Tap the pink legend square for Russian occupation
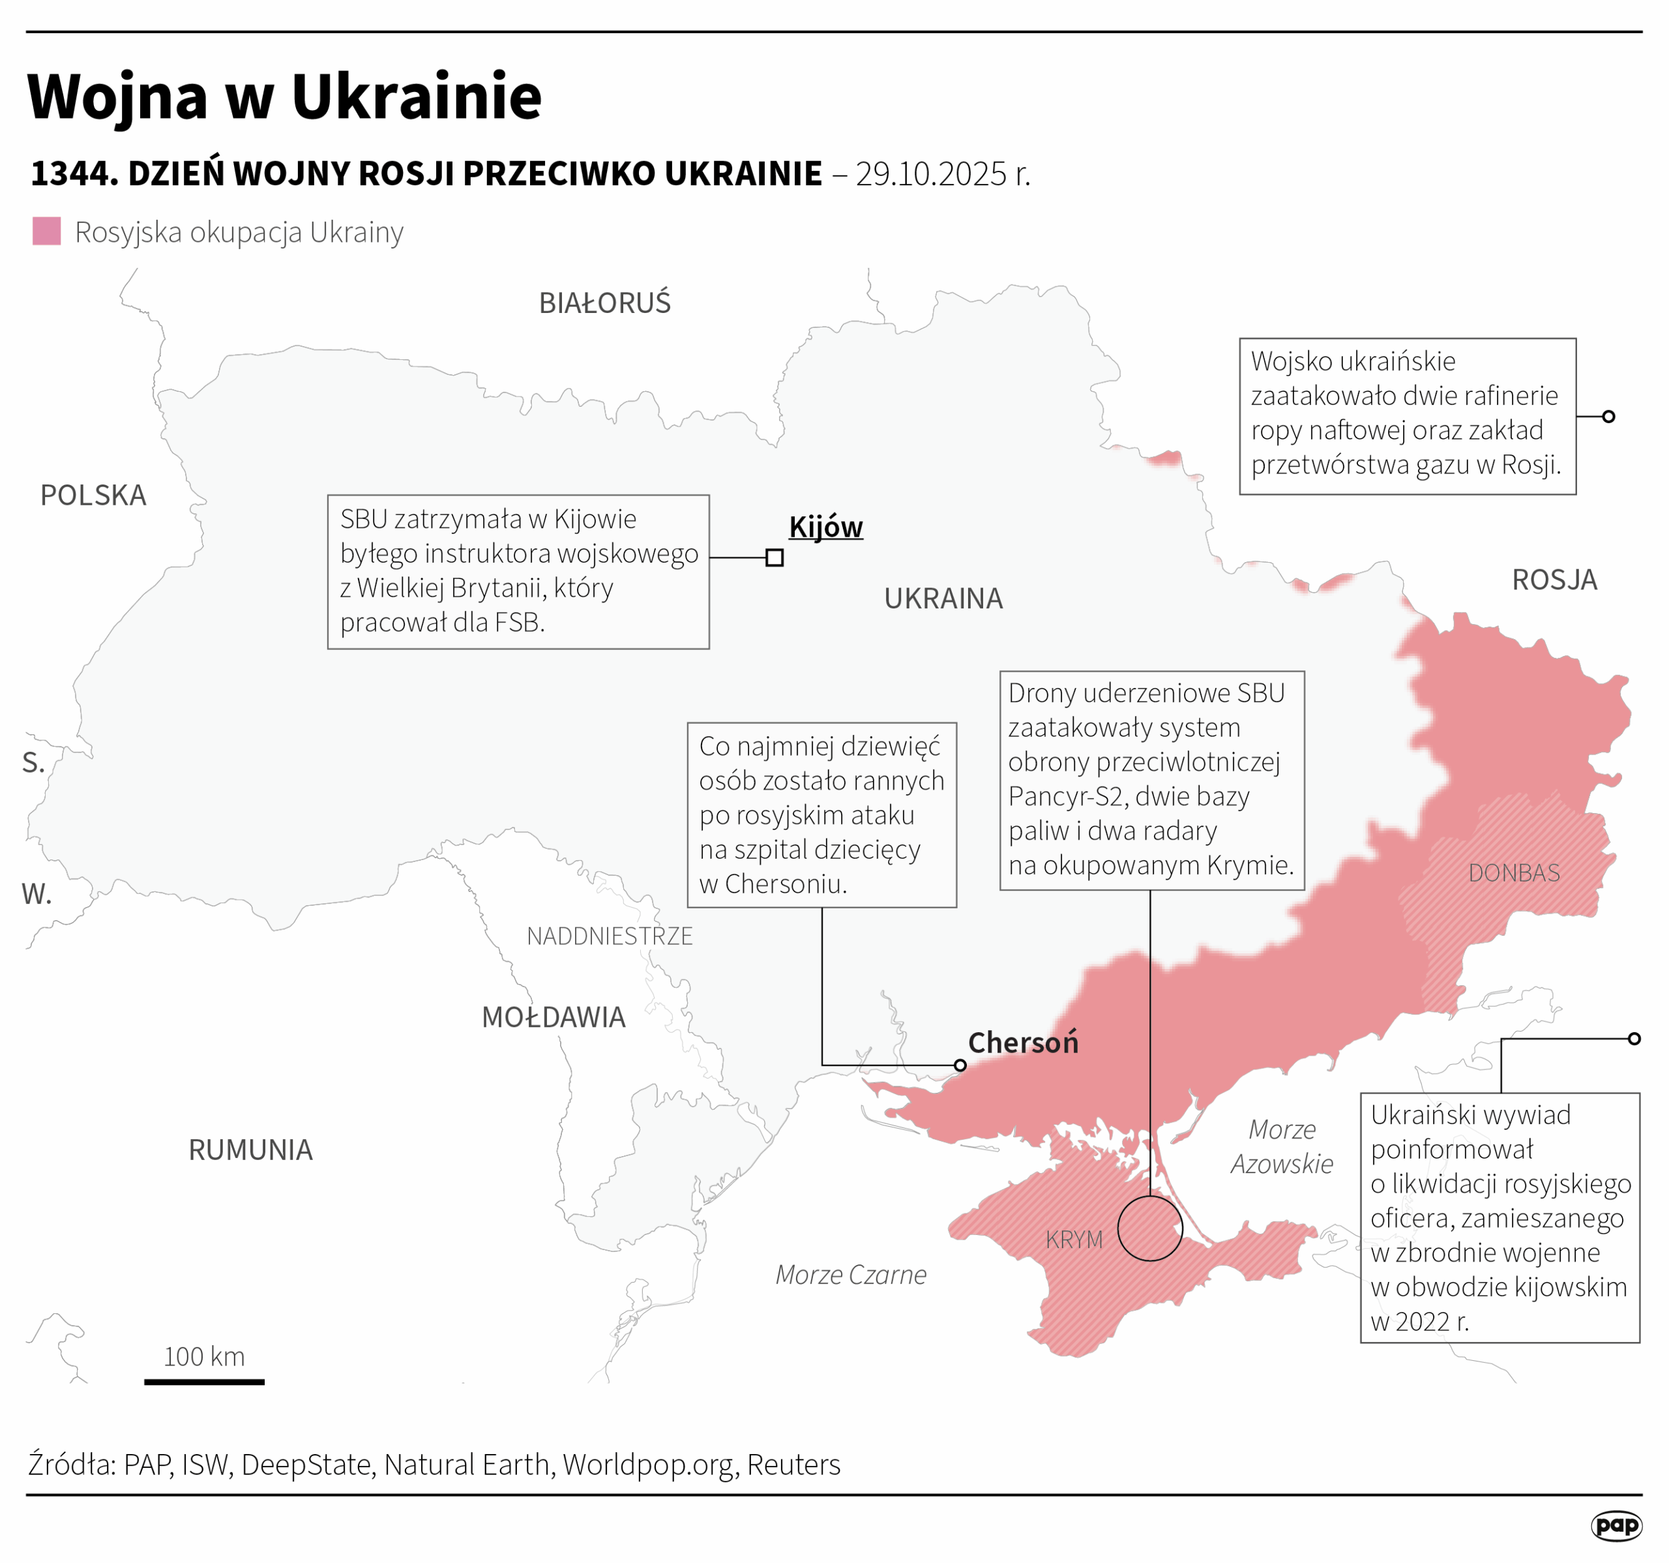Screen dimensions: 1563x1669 pos(46,231)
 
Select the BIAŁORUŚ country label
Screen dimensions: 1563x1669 pos(604,303)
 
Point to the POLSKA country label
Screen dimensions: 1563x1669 pos(93,496)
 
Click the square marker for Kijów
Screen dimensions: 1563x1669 pos(774,558)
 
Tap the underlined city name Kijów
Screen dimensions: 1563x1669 pos(825,528)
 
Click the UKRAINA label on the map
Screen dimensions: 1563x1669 pos(943,599)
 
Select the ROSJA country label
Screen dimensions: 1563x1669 pos(1554,580)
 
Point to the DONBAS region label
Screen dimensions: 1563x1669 pos(1514,872)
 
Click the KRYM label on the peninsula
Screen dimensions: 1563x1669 pos(1074,1240)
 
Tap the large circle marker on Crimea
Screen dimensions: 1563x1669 pos(1149,1228)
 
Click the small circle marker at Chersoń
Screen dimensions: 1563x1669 pos(960,1065)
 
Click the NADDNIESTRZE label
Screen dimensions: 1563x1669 pos(610,936)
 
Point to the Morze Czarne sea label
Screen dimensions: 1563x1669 pos(850,1275)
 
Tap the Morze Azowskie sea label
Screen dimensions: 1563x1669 pos(1281,1146)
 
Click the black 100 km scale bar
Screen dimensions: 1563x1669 pos(204,1382)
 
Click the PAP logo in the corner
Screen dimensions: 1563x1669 pos(1616,1525)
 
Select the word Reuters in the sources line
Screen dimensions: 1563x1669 pos(793,1465)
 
